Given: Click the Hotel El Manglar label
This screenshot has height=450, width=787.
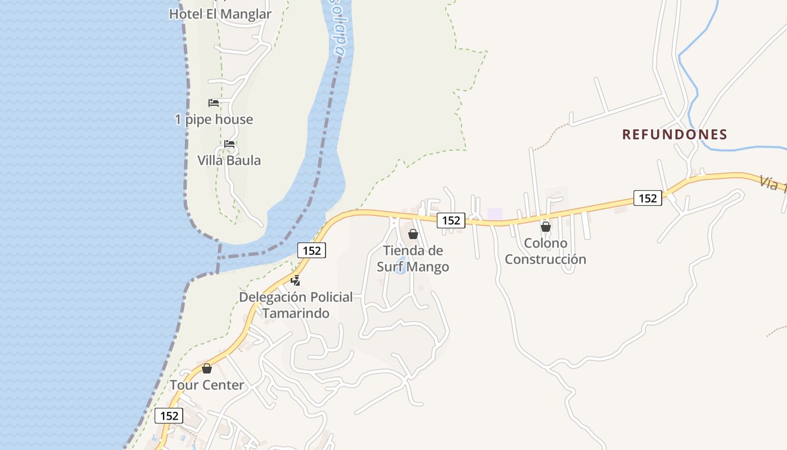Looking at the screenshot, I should point(220,14).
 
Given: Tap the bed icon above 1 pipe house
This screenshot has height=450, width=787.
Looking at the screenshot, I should point(214,102).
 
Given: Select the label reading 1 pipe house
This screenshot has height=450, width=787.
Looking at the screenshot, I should point(214,119).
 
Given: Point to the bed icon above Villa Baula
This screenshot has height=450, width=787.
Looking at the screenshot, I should point(229,144).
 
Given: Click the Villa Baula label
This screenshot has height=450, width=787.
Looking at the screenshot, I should point(229,160).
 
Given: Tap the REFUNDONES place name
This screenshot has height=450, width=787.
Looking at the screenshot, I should point(675,134).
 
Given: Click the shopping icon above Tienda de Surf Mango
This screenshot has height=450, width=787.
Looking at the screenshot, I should point(413,234).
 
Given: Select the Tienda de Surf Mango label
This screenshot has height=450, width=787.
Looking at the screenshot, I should point(413,258).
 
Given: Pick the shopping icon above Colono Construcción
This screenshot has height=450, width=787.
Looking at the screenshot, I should point(545,227).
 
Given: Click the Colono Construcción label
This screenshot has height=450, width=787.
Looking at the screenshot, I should point(545,251).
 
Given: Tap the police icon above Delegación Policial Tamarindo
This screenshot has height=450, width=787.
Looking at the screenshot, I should point(296,280).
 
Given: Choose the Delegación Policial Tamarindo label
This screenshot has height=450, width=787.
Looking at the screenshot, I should point(296,305).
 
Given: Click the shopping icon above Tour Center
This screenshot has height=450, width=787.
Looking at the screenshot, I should point(207,368).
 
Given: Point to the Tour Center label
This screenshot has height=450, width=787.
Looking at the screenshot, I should point(207,385).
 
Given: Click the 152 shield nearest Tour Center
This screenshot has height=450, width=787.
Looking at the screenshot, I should point(169,416).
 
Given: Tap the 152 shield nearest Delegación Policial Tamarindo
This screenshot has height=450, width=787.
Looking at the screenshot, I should point(311,250).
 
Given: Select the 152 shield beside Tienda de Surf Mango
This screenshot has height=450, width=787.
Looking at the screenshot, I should point(451,220).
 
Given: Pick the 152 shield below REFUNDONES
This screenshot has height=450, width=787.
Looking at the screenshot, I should point(648,198).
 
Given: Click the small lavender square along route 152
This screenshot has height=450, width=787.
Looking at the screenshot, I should point(495,214).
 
